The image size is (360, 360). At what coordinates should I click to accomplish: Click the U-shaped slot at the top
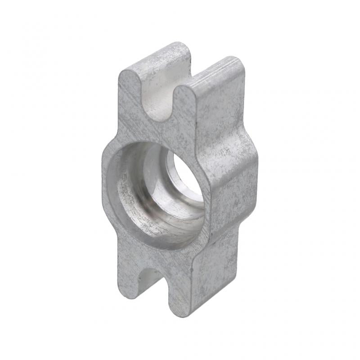pyautogui.click(x=160, y=97)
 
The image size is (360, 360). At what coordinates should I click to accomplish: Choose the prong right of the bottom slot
pyautogui.click(x=180, y=292)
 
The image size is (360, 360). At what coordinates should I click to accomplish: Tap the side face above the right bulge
pyautogui.click(x=220, y=112)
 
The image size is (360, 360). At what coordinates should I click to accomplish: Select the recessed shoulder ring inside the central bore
pyautogui.click(x=148, y=198)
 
